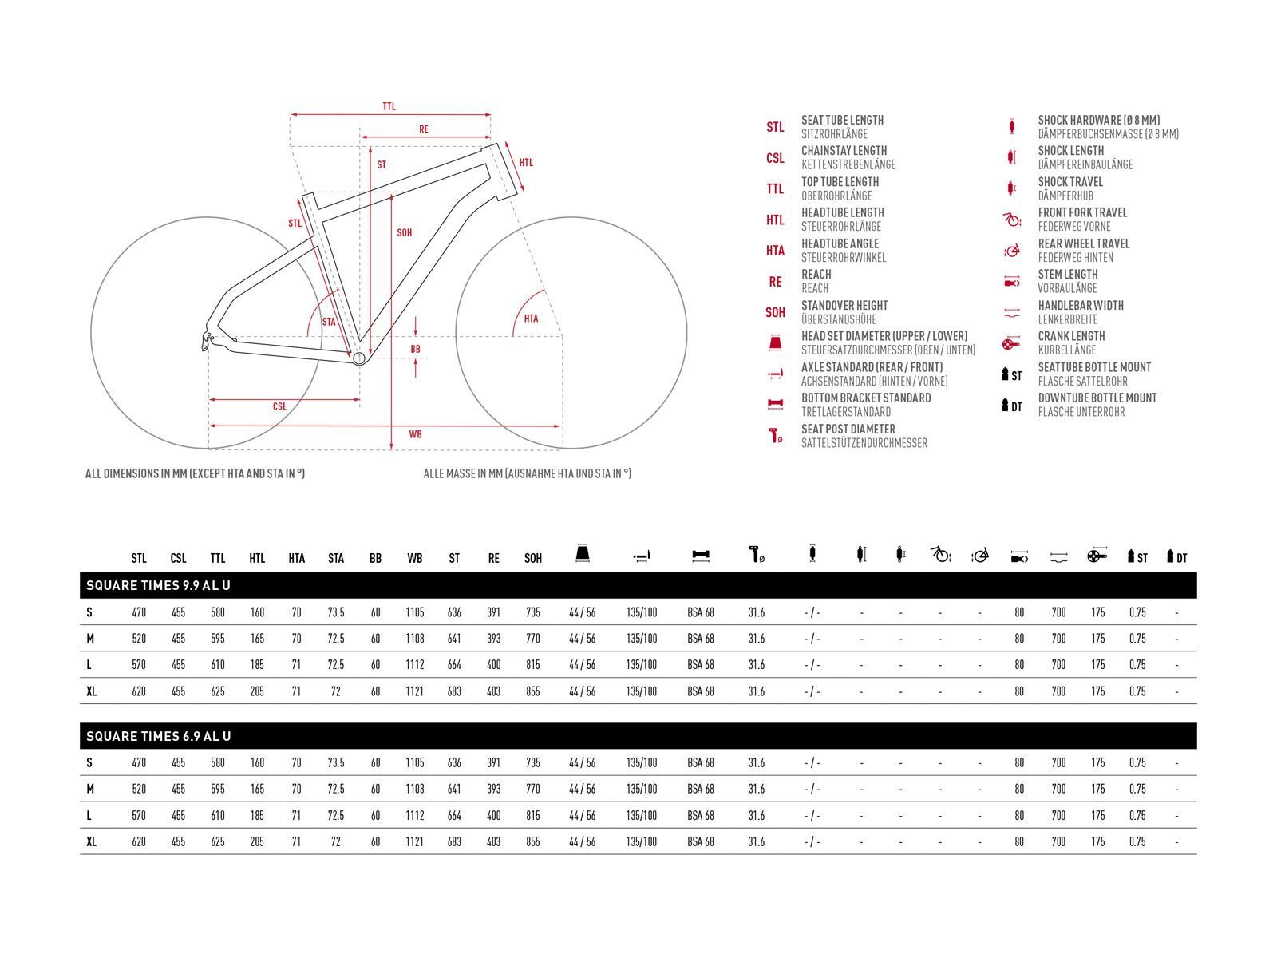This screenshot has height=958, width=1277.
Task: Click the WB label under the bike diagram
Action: pos(415,434)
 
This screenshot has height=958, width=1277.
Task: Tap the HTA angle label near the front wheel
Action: pos(531,319)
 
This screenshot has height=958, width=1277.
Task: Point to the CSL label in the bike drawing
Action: pos(279,406)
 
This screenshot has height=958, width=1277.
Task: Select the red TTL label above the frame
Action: pos(389,106)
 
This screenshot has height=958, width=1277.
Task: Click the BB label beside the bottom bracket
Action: pos(415,349)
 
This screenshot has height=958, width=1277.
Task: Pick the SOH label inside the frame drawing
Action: pos(405,233)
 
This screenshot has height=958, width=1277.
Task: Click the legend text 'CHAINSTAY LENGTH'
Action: pos(844,151)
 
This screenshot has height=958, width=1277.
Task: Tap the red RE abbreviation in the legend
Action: pos(775,282)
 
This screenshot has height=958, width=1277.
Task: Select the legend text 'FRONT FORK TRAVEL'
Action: pos(1082,212)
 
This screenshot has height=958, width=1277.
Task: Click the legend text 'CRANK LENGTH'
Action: pos(1071,336)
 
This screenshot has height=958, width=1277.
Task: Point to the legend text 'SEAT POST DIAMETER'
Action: pos(848,429)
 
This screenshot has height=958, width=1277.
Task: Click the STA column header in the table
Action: pos(336,558)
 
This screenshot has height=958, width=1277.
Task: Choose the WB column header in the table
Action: pos(415,558)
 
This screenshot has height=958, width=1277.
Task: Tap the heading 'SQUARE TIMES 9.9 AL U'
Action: pos(158,585)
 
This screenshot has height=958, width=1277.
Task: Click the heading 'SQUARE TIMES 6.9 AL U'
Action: pos(158,736)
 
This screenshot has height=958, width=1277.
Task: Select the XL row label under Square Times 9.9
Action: pos(91,691)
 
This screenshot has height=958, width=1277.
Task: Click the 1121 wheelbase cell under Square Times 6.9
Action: pos(415,841)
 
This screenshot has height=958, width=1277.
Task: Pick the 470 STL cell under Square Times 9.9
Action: pos(139,612)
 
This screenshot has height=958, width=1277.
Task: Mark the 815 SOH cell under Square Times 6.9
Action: pos(533,815)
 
